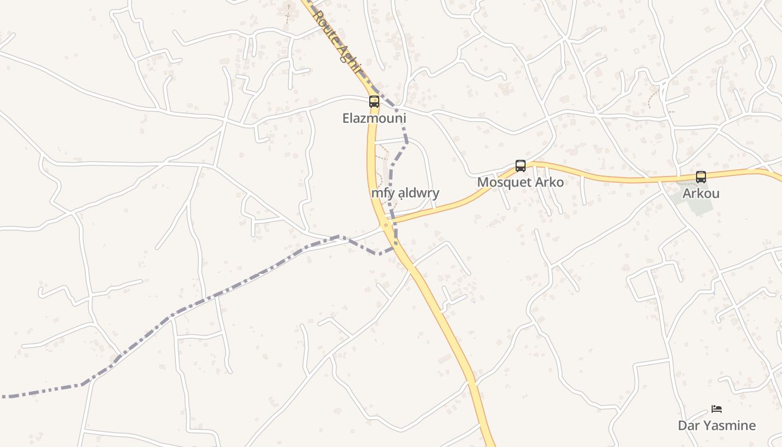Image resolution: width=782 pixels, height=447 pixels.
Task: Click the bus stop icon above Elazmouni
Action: pyautogui.click(x=374, y=102)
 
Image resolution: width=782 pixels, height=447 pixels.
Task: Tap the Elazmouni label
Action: pyautogui.click(x=374, y=118)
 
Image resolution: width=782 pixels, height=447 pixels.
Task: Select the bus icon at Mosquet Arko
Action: pyautogui.click(x=521, y=165)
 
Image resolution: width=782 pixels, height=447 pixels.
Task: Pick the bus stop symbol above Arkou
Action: pyautogui.click(x=701, y=177)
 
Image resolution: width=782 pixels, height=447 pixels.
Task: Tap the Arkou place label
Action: pyautogui.click(x=701, y=194)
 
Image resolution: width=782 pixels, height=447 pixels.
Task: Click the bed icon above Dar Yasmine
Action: pyautogui.click(x=717, y=409)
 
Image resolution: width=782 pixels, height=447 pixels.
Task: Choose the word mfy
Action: pyautogui.click(x=383, y=193)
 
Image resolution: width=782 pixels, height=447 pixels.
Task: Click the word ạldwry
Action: pyautogui.click(x=419, y=193)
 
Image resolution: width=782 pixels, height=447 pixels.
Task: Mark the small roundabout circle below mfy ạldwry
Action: pyautogui.click(x=385, y=225)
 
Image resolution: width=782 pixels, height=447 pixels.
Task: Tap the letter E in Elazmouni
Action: pyautogui.click(x=346, y=118)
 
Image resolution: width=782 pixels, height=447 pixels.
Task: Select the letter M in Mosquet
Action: pyautogui.click(x=482, y=183)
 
